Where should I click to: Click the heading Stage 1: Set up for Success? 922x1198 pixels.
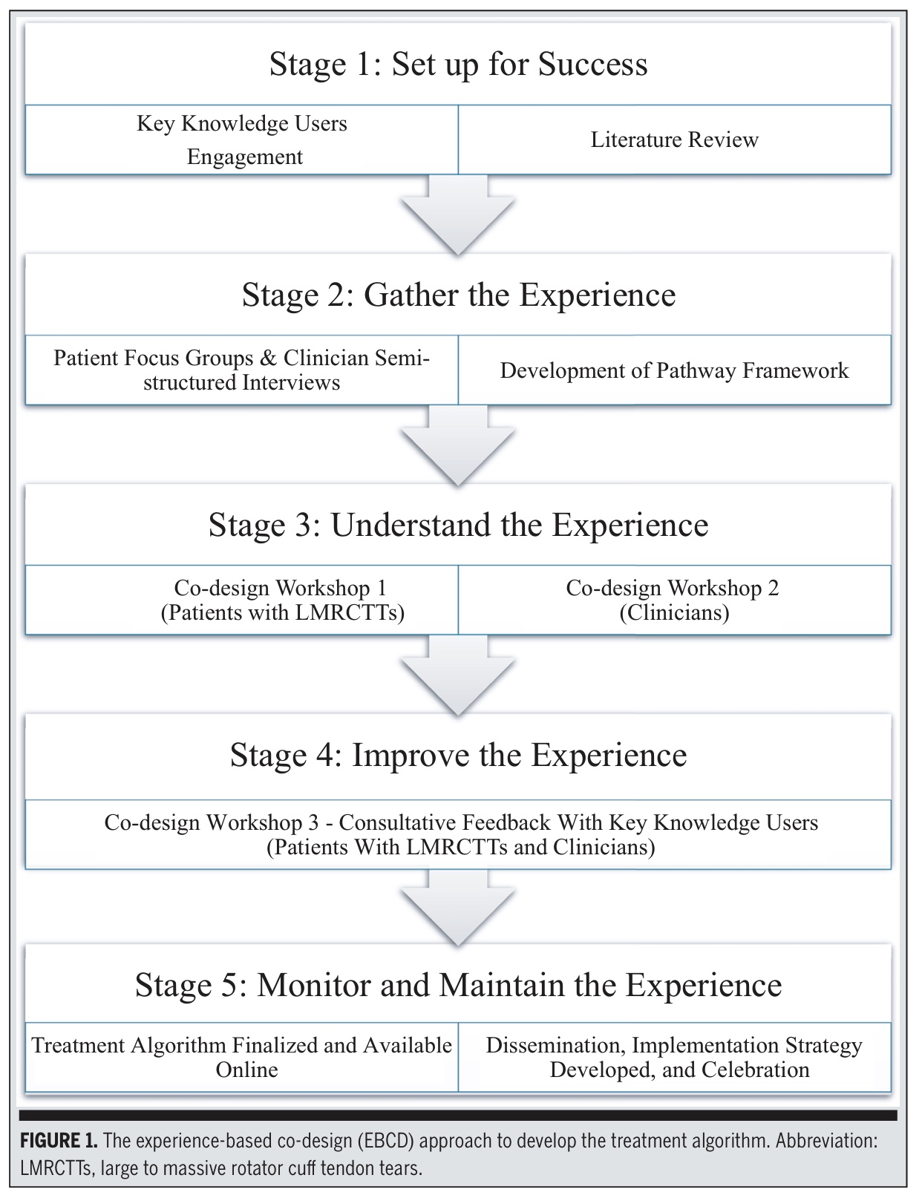click(x=458, y=64)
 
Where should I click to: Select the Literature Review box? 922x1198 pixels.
click(x=674, y=140)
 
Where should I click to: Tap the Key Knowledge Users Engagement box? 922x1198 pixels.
click(x=242, y=140)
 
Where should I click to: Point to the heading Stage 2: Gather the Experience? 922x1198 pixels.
click(x=458, y=295)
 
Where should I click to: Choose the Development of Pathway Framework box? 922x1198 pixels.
click(x=674, y=370)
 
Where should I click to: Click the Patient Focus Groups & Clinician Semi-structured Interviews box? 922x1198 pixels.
click(x=242, y=370)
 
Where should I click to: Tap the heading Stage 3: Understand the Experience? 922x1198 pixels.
click(x=458, y=525)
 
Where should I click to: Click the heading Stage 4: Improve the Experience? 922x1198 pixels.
click(x=458, y=755)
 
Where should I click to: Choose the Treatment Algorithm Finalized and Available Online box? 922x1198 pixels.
click(x=242, y=1057)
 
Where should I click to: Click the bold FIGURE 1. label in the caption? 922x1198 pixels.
click(x=59, y=1141)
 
